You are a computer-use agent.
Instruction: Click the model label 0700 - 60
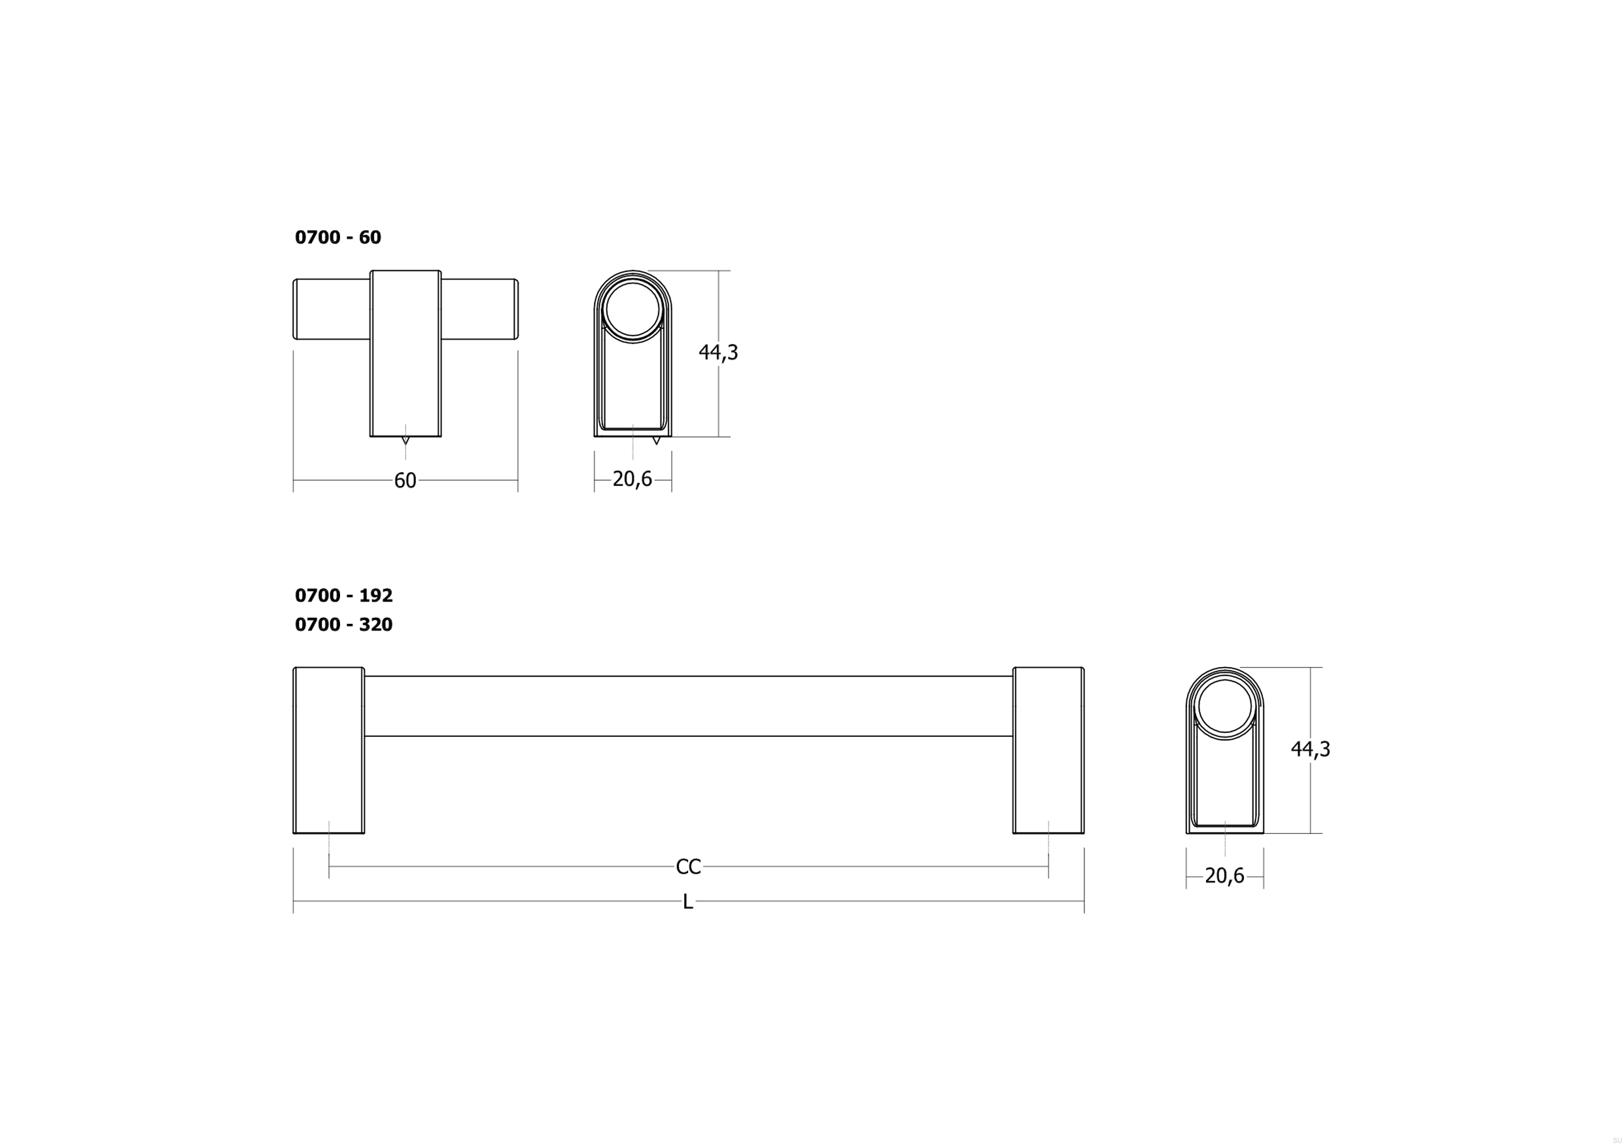coord(337,237)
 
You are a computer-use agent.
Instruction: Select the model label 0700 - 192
coord(343,596)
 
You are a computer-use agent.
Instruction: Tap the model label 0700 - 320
coord(343,624)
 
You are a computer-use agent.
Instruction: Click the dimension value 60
coord(405,481)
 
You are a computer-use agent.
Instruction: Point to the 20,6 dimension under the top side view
coord(632,479)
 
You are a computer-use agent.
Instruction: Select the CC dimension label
coord(688,867)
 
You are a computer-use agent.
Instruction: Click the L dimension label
coord(687,902)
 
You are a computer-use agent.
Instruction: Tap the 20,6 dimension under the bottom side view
coord(1224,876)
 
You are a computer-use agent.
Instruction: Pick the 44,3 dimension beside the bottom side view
coord(1310,749)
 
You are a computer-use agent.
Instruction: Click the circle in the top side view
coord(632,309)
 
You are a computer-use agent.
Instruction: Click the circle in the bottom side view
coord(1224,706)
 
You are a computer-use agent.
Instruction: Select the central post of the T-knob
coord(405,367)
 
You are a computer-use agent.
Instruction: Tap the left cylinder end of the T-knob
coord(331,309)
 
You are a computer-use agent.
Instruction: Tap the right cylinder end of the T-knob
coord(480,309)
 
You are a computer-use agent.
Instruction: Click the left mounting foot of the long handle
coord(328,750)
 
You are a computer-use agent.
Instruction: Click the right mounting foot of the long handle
coord(1048,750)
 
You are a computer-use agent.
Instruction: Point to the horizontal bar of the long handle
coord(688,706)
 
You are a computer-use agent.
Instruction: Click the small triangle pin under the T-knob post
coord(405,441)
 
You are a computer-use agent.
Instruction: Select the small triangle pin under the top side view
coord(656,441)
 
